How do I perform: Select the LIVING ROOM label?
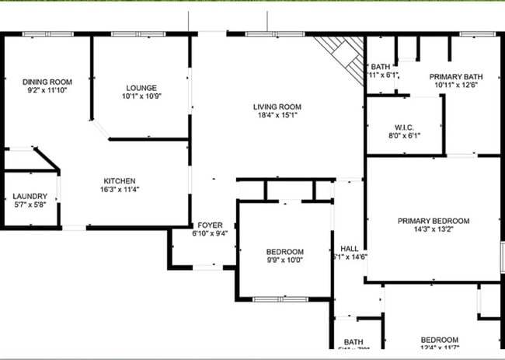(x=277, y=107)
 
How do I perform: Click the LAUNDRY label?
(x=30, y=197)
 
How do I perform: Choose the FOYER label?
(x=210, y=225)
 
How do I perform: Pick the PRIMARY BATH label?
(x=457, y=76)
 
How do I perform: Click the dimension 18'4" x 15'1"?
(x=277, y=115)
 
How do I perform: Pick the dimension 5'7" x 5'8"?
(x=30, y=205)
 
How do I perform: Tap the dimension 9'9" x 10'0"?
(x=285, y=260)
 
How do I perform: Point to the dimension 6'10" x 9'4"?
(x=210, y=233)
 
